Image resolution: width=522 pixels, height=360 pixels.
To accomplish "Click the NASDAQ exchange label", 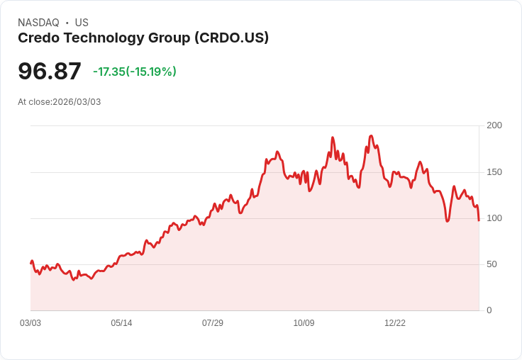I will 38,23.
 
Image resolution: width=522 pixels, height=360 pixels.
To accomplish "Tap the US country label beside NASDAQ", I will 82,23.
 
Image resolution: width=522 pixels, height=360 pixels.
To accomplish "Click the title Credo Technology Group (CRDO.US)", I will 143,38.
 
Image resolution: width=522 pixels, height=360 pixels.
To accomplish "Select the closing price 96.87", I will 50,72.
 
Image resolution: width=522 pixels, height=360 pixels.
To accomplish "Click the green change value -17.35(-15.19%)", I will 135,72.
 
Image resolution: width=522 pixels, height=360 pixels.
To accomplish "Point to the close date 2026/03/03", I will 77,102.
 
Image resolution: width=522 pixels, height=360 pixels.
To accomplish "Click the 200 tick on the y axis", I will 494,125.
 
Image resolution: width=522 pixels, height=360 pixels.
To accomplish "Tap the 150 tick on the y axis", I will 494,172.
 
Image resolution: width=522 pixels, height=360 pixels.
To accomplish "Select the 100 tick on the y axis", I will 494,218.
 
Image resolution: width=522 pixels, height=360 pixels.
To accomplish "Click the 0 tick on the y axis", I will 489,310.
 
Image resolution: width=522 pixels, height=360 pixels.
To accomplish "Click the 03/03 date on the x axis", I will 30,323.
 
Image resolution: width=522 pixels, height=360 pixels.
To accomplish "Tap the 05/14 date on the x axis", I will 121,323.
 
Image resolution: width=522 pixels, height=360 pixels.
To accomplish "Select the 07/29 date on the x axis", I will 213,323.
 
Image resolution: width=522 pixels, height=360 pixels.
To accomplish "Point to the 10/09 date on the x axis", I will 304,323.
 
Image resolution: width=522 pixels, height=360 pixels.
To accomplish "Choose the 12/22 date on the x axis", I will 395,323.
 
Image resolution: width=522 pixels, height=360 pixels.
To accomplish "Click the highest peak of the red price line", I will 371,135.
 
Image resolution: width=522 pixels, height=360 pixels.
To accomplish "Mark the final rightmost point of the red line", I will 479,220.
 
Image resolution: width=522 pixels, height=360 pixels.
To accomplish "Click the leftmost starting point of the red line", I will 30,263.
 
